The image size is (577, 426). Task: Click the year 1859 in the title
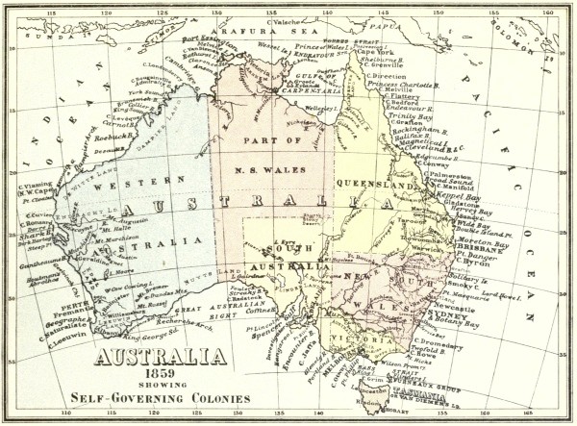(x=160, y=376)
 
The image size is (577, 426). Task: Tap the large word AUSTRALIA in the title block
(x=160, y=359)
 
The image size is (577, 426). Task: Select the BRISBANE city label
(x=473, y=246)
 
